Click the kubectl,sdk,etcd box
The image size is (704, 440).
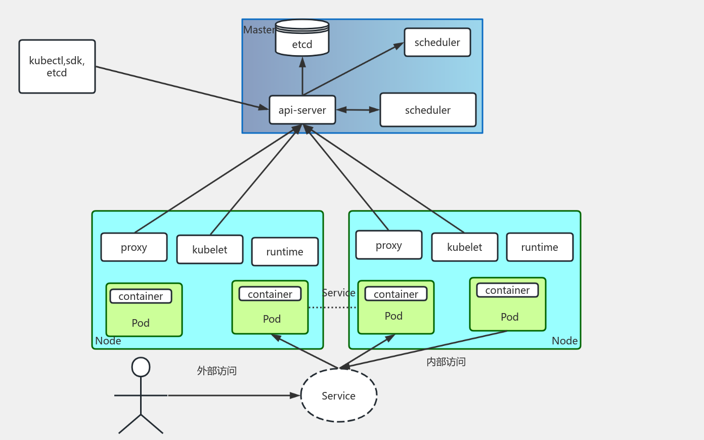pyautogui.click(x=57, y=66)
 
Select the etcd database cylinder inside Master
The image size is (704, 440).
pyautogui.click(x=302, y=38)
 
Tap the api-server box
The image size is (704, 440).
pyautogui.click(x=302, y=110)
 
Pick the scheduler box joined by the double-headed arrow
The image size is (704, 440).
pyautogui.click(x=428, y=110)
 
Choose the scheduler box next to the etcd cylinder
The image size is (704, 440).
pyautogui.click(x=437, y=42)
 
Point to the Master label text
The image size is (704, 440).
pyautogui.click(x=259, y=30)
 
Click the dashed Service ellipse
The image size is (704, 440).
pyautogui.click(x=339, y=395)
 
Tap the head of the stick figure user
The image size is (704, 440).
pyautogui.click(x=141, y=367)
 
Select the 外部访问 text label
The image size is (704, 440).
pyautogui.click(x=217, y=371)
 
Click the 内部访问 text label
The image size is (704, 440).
pyautogui.click(x=446, y=362)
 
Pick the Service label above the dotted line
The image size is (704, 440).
pyautogui.click(x=338, y=293)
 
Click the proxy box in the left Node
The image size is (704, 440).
pyautogui.click(x=134, y=247)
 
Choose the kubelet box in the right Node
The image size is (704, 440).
pyautogui.click(x=464, y=247)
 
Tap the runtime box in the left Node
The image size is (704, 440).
pyautogui.click(x=285, y=252)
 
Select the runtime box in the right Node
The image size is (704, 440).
pyautogui.click(x=540, y=247)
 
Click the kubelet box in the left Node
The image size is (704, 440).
pyautogui.click(x=210, y=250)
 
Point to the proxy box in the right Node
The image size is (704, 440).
pyautogui.click(x=389, y=245)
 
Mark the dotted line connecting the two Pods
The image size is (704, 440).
pyautogui.click(x=332, y=307)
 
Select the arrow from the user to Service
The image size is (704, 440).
pyautogui.click(x=233, y=395)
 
